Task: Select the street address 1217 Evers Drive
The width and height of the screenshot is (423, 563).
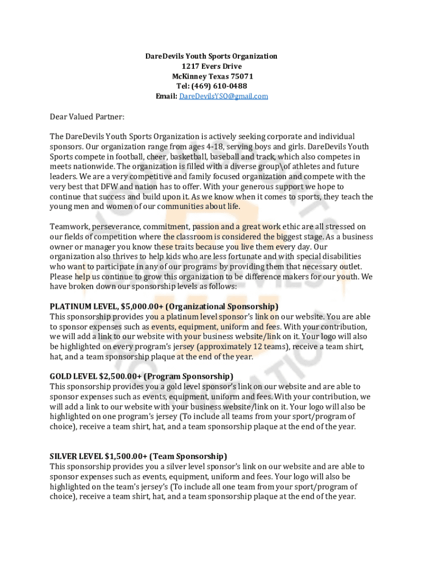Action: [x=211, y=67]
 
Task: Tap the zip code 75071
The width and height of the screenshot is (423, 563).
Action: [x=242, y=76]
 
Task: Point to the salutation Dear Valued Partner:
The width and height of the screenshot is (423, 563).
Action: [x=87, y=117]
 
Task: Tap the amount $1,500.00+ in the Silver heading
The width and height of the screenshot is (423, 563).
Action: [x=124, y=456]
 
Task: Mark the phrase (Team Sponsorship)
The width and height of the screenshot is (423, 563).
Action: [x=188, y=456]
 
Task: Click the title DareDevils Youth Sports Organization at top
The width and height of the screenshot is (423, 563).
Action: [x=211, y=56]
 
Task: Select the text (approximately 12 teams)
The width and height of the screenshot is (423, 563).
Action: [x=236, y=347]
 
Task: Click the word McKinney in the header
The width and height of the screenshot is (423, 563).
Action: [x=190, y=76]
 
